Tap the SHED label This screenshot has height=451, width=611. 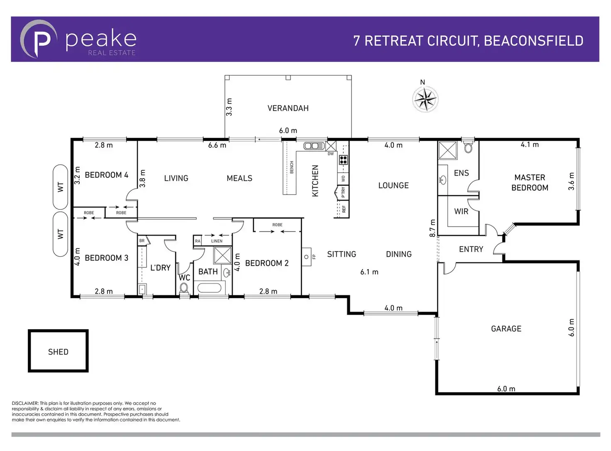[x=58, y=352]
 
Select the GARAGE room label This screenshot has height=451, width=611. [x=506, y=328]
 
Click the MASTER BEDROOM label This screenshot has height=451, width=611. [x=530, y=182]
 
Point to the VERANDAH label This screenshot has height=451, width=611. [x=288, y=108]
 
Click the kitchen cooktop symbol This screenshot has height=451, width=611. [x=343, y=159]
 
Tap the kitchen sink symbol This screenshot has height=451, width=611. [x=314, y=146]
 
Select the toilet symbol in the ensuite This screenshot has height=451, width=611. [x=468, y=148]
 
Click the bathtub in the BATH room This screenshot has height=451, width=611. [x=211, y=288]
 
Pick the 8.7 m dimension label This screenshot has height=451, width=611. [x=433, y=228]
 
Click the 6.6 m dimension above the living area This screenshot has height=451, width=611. [x=217, y=145]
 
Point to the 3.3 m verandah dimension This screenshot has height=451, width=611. [x=229, y=107]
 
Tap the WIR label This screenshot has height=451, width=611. [x=461, y=211]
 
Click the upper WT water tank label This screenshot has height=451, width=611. [x=61, y=187]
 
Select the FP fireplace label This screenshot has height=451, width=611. [x=314, y=257]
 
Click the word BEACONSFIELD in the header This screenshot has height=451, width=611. [x=533, y=41]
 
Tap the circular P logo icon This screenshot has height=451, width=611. [x=39, y=39]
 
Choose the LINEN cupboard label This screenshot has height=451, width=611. [x=217, y=241]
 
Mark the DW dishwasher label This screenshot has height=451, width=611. [x=331, y=154]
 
